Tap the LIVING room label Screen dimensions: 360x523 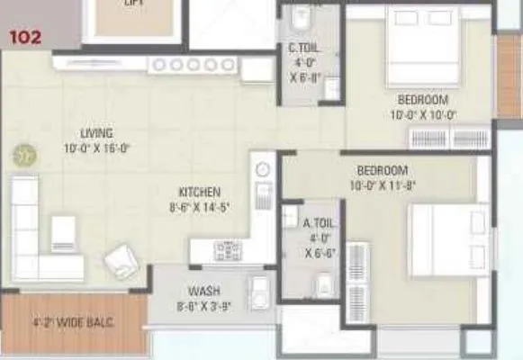pyautogui.click(x=95, y=133)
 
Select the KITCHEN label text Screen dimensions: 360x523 pyautogui.click(x=199, y=192)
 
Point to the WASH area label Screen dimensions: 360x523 pyautogui.click(x=204, y=292)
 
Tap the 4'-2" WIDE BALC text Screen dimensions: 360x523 pyautogui.click(x=73, y=321)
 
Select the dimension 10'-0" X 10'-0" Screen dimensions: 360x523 pyautogui.click(x=423, y=114)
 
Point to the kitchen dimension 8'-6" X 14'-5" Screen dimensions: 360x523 pyautogui.click(x=199, y=207)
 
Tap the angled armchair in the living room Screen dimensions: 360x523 pyautogui.click(x=120, y=261)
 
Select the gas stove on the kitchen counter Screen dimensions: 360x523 pyautogui.click(x=227, y=249)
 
